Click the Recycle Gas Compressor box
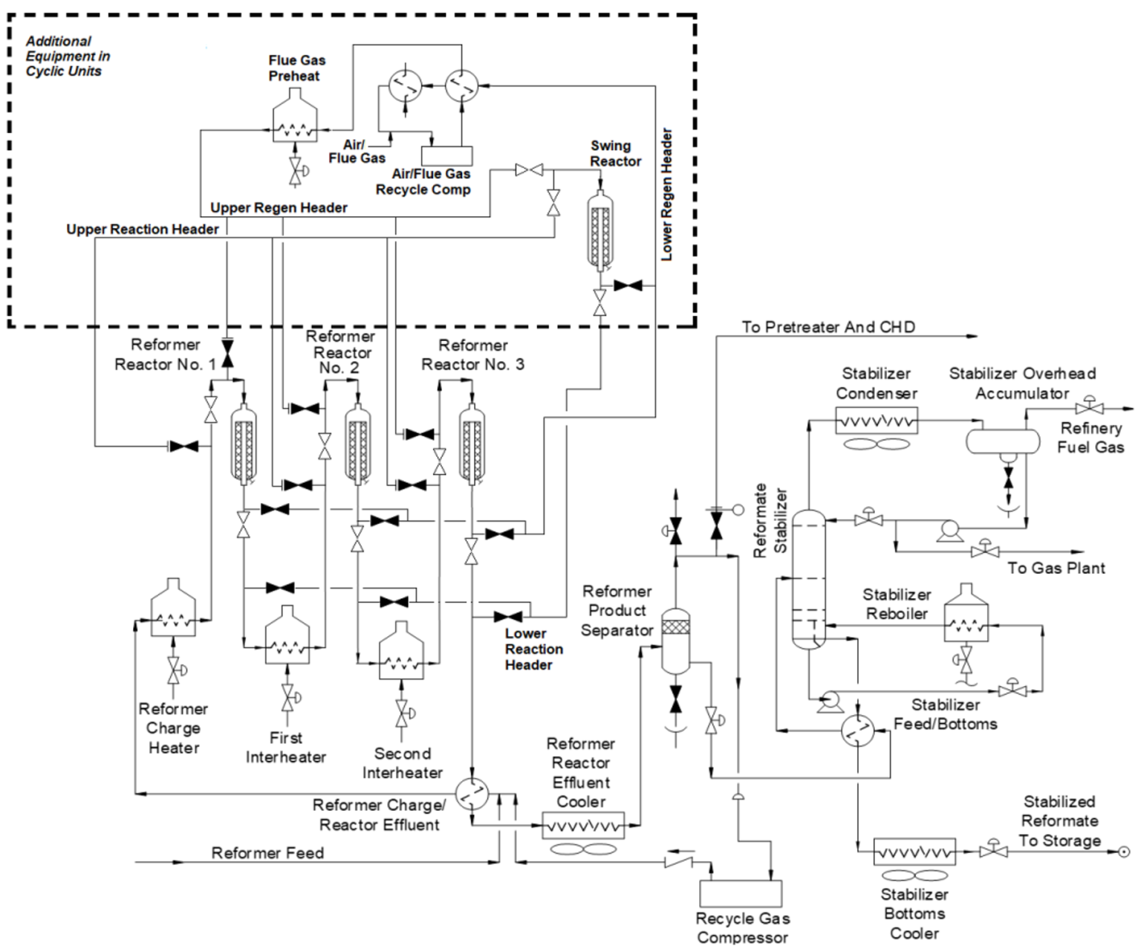[x=741, y=893]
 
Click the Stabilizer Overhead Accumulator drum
[x=1002, y=441]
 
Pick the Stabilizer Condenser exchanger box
[x=877, y=421]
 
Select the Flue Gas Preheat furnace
[x=295, y=119]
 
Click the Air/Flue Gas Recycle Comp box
[x=446, y=155]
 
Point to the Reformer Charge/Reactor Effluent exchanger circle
[x=471, y=794]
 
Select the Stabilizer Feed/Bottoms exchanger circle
[x=858, y=731]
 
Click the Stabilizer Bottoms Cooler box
[x=914, y=852]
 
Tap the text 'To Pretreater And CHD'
[x=828, y=327]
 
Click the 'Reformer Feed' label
[x=267, y=852]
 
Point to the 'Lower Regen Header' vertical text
[x=666, y=195]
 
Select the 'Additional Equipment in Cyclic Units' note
[x=67, y=56]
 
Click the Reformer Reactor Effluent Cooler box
[x=582, y=826]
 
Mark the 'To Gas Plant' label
[x=1056, y=569]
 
